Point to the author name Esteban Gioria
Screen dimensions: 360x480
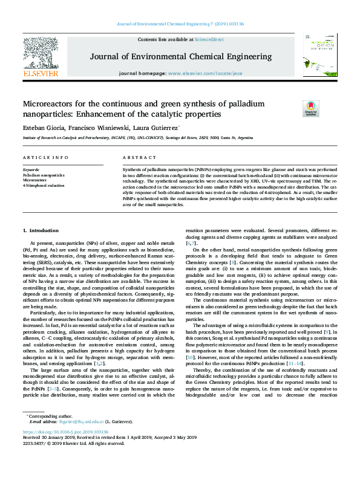coord(42,128)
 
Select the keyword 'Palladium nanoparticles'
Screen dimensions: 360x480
coord(43,175)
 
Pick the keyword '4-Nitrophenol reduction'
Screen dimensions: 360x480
coord(44,185)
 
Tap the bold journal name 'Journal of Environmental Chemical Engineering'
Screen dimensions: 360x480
coord(180,57)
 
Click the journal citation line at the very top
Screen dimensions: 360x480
coord(180,24)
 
